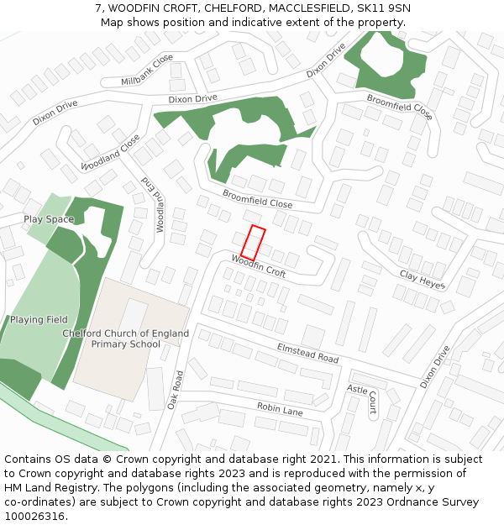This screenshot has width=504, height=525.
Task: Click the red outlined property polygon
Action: pos(253,243)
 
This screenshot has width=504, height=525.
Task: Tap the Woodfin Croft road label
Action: pos(259,266)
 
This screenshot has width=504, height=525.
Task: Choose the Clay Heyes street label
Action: pos(423,280)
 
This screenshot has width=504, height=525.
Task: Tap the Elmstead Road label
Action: pos(307,353)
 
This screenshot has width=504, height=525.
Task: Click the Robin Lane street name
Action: pos(280,411)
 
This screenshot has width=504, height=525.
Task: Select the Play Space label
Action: pos(49,219)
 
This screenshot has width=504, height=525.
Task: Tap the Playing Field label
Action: pos(39,320)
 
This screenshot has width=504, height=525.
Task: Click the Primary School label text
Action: pos(126,344)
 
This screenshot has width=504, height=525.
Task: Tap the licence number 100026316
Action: pos(34,516)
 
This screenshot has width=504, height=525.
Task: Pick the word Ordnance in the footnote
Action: pos(400,501)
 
